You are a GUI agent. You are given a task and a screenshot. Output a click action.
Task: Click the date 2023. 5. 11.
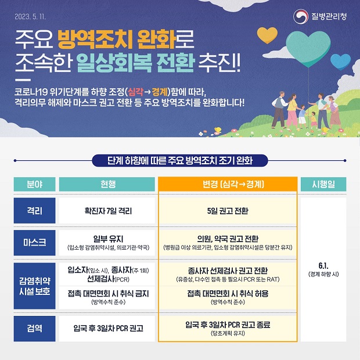(30, 16)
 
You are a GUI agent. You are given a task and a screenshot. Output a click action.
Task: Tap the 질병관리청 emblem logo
(301, 16)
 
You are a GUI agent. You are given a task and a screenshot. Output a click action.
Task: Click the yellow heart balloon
(267, 35)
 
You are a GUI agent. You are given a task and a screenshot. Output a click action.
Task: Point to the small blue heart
(340, 62)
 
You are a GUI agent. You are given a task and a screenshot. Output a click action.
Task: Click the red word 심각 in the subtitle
(135, 92)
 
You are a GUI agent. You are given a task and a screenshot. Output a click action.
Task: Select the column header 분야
(34, 184)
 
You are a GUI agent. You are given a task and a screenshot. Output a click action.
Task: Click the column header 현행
(107, 184)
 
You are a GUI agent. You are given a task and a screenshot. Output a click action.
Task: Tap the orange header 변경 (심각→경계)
(228, 184)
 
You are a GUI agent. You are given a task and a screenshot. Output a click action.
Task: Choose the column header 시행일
(323, 184)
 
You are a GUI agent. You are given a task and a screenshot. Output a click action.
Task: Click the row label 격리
(34, 211)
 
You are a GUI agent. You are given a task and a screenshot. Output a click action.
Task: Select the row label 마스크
(34, 243)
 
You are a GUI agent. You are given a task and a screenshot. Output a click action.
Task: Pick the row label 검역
(34, 328)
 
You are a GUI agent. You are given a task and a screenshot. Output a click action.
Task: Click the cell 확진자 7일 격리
(108, 211)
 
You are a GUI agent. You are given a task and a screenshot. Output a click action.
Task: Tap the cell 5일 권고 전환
(228, 211)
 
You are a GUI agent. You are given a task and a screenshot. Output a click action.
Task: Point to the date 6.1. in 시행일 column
(323, 265)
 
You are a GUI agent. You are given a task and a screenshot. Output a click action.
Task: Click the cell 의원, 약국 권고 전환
(228, 239)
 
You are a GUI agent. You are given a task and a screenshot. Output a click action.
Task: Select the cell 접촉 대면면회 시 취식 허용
(228, 294)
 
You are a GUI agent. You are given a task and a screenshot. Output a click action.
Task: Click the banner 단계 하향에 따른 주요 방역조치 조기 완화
(180, 160)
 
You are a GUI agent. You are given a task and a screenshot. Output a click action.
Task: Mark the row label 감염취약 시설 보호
(34, 286)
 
